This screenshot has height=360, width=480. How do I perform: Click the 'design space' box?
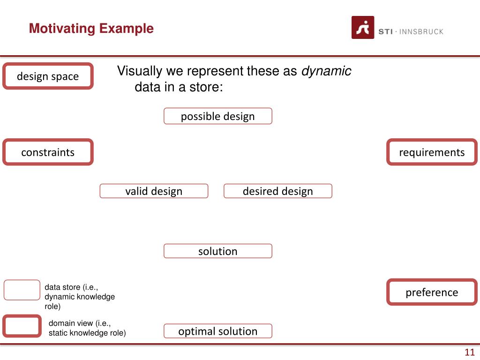48,76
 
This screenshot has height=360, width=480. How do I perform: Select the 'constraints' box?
48,152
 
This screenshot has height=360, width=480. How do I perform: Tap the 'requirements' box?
432,152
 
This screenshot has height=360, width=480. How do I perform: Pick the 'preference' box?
432,292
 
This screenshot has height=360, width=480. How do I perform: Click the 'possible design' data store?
218,116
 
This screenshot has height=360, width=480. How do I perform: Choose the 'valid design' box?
154,191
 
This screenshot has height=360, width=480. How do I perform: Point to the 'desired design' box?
278,191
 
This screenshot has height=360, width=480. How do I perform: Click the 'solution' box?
218,251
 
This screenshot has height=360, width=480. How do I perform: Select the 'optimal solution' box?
218,331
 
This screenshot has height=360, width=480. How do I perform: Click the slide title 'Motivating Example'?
91,29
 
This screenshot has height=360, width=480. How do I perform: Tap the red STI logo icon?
363,28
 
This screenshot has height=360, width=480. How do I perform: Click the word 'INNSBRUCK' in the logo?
421,32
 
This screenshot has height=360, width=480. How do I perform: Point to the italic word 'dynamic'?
326,71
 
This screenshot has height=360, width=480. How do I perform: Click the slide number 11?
470,353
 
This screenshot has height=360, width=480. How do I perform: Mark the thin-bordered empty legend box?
22,290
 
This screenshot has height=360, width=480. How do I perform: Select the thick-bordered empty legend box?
22,326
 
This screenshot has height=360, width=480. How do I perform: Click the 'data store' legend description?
80,297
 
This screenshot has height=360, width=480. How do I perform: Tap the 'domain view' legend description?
87,328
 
